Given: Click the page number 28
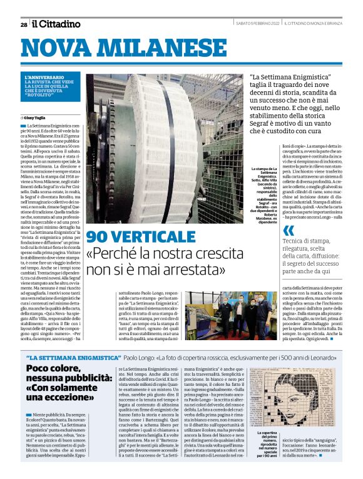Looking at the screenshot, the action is pyautogui.click(x=23, y=24).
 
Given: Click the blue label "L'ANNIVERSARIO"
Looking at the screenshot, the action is pyautogui.click(x=59, y=78).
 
